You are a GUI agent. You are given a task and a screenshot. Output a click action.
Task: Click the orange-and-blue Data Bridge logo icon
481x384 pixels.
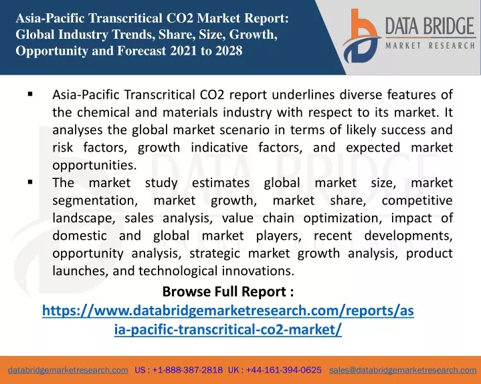361,36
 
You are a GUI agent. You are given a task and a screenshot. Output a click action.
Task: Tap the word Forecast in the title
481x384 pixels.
142,51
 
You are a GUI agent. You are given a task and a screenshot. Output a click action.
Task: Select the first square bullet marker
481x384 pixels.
30,94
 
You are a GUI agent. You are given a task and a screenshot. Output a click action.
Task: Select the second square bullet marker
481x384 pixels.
30,182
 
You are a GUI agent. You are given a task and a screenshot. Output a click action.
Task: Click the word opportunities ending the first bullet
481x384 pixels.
94,166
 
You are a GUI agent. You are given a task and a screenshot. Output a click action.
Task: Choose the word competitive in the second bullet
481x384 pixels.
417,201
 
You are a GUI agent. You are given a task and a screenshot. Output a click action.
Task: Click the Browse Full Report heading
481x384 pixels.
228,292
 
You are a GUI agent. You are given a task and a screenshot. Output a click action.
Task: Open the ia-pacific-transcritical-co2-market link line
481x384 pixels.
228,329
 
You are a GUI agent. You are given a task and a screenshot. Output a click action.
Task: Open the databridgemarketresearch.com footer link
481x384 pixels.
68,370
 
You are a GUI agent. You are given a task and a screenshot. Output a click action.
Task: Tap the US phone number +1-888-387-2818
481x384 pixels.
187,370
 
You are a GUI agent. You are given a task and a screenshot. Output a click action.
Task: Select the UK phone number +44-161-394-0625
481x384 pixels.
284,370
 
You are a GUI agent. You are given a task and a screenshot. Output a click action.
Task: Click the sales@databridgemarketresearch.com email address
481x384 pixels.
403,370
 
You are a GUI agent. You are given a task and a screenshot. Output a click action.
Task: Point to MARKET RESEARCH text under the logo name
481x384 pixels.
430,46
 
